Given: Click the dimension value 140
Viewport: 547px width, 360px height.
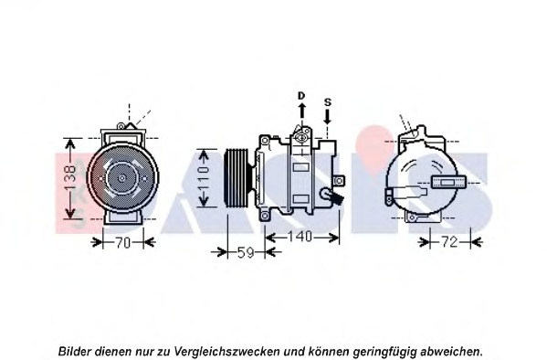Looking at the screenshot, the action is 300,237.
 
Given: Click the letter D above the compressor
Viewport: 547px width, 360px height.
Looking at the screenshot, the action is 300,95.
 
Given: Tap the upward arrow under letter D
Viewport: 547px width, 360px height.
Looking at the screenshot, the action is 300,112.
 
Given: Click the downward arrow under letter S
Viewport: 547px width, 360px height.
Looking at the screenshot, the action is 328,116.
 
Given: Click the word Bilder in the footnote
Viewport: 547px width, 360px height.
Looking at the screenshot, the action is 76,351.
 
